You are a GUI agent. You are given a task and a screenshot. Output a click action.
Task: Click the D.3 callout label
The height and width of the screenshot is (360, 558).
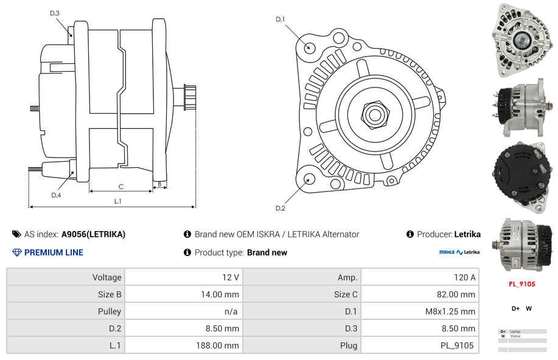click(55, 13)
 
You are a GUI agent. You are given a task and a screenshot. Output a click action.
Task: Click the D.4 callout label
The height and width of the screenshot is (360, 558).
click(56, 195)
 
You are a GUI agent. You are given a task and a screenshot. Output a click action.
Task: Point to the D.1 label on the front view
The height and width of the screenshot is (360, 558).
click(281, 19)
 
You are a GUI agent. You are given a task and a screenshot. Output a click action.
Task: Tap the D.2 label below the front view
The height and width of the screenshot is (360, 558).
click(281, 209)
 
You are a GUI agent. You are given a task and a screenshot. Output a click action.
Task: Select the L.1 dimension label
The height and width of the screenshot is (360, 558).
click(117, 201)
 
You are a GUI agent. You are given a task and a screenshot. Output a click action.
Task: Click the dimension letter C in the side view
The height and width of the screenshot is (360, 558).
click(121, 187)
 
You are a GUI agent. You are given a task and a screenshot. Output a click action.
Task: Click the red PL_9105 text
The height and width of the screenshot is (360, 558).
click(521, 284)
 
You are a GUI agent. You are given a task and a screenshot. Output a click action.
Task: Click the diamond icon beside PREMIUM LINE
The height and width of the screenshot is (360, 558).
click(16, 252)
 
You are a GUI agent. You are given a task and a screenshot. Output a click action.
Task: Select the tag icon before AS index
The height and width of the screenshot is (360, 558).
click(16, 234)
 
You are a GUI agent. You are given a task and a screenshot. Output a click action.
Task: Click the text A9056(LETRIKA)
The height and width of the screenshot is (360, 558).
click(93, 234)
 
